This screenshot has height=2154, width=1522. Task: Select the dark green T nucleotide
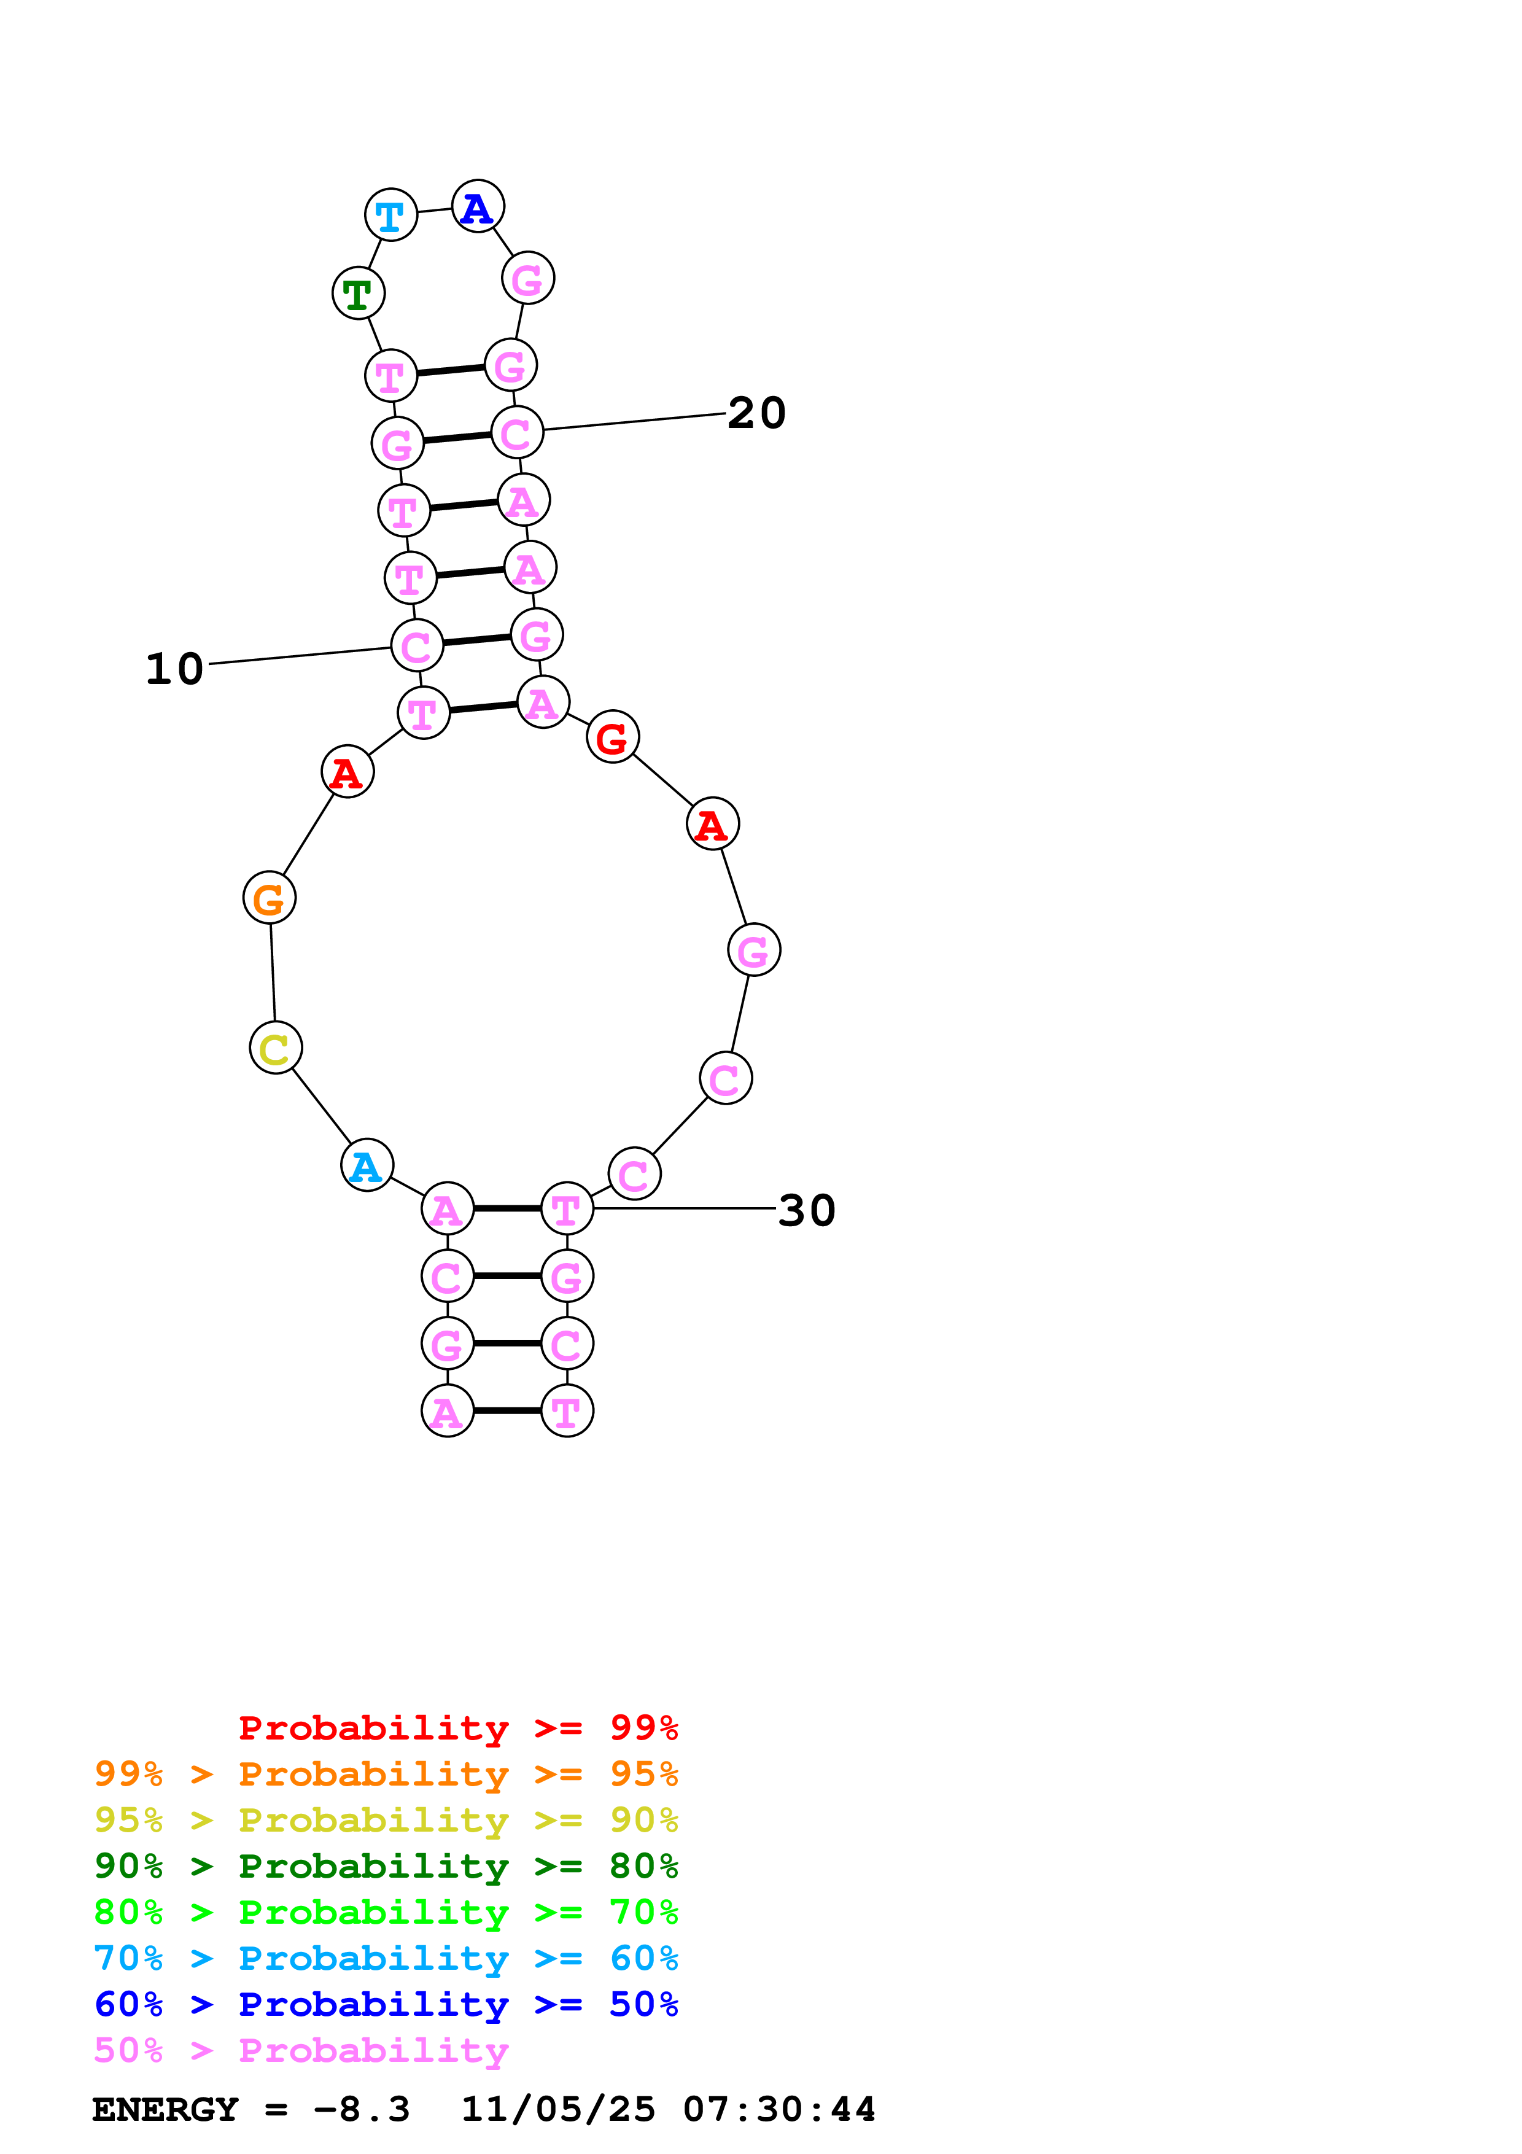pos(358,294)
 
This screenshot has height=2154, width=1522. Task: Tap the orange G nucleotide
pos(269,898)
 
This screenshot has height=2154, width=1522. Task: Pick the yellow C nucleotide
pos(275,1048)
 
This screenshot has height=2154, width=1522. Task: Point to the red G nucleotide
pos(612,737)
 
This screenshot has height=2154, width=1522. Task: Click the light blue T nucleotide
pos(390,215)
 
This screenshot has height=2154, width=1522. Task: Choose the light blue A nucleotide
pos(367,1165)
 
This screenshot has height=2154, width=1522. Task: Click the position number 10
pos(174,669)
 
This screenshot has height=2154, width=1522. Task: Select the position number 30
pos(807,1210)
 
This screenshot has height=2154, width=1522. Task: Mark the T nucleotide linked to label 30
pos(567,1209)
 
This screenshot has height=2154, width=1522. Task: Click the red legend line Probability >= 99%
pos(457,1727)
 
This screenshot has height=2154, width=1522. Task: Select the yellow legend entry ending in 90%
pos(386,1820)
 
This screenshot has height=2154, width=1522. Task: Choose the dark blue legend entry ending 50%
pos(386,2004)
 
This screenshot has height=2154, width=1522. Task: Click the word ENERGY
pos(165,2109)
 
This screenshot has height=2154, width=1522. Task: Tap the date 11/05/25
pos(558,2109)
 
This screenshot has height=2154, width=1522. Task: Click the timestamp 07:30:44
pos(778,2109)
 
